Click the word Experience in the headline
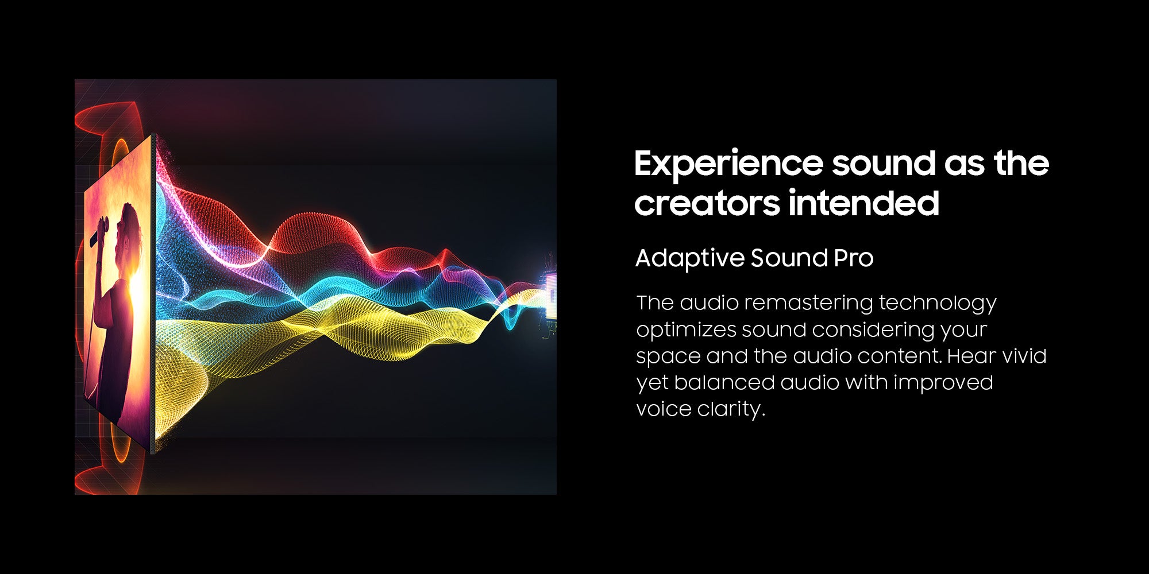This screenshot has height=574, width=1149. tap(728, 165)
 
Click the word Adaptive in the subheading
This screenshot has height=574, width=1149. tap(689, 259)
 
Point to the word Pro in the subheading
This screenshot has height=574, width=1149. tap(853, 258)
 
